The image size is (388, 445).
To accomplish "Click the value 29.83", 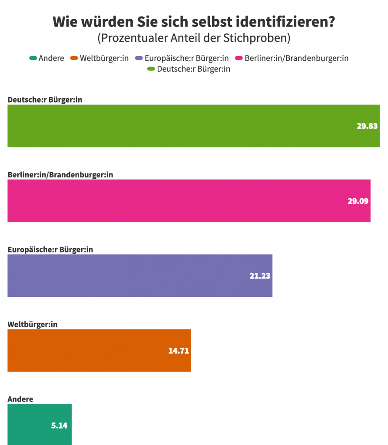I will pyautogui.click(x=367, y=126).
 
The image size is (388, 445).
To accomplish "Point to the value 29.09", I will pyautogui.click(x=358, y=201).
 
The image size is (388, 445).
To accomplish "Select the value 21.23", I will pyautogui.click(x=260, y=276).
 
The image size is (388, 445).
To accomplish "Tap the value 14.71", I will pyautogui.click(x=179, y=351).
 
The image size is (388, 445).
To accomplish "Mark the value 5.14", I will pyautogui.click(x=59, y=425).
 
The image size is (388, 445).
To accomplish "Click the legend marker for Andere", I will pyautogui.click(x=33, y=58).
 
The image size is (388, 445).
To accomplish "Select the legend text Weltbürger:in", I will pyautogui.click(x=104, y=58).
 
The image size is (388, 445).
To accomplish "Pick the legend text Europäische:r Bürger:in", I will pyautogui.click(x=187, y=58).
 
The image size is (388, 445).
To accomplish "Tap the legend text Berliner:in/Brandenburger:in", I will pyautogui.click(x=297, y=58).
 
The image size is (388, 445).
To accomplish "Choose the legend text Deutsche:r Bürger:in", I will pyautogui.click(x=193, y=69).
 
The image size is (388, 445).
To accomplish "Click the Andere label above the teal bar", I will pyautogui.click(x=20, y=399).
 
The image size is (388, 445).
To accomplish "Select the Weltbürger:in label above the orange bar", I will pyautogui.click(x=33, y=324).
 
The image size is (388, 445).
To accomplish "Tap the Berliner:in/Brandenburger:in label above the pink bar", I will pyautogui.click(x=60, y=175).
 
